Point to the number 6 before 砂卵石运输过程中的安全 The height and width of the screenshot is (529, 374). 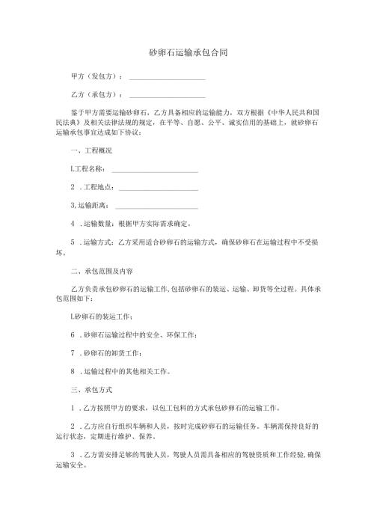coord(72,335)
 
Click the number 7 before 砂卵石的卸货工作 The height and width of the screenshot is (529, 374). coord(72,353)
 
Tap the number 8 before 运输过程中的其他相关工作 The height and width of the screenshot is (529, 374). coord(72,371)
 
